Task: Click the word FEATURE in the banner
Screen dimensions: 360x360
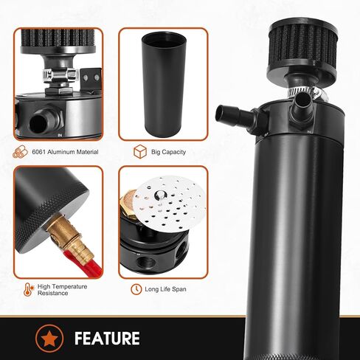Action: click(107, 339)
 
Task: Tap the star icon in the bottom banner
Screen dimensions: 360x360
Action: click(49, 339)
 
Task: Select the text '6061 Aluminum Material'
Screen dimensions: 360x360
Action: click(64, 153)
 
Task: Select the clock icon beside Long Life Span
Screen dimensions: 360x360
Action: click(136, 289)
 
